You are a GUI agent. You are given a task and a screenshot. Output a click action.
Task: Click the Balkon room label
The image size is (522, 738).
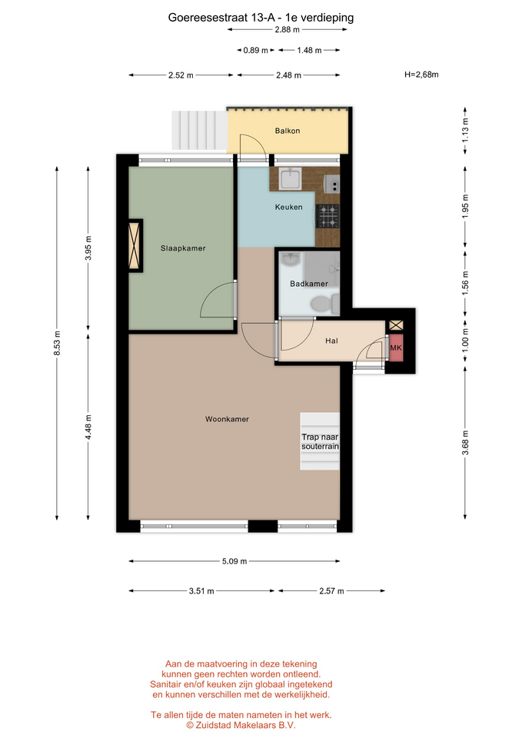287,131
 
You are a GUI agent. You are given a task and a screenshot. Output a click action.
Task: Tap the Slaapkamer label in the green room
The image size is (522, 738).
183,248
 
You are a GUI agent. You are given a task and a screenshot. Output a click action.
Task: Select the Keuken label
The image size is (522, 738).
288,207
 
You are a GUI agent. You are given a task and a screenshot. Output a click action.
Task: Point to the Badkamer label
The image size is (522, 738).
309,284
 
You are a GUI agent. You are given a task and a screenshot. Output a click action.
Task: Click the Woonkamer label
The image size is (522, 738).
227,419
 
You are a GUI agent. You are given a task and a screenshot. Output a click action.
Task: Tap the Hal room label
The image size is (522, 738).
331,341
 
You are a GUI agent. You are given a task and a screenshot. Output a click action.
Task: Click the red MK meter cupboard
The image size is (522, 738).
396,347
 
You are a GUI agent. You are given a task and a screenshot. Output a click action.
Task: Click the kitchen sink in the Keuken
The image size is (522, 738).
291,179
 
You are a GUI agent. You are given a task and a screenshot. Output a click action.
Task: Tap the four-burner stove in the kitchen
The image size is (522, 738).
327,216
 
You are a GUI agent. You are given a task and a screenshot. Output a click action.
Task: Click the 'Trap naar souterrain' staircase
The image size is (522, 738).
320,441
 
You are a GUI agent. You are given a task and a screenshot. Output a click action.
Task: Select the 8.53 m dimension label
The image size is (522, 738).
57,344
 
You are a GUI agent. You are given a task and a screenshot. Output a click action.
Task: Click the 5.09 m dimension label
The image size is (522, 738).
234,561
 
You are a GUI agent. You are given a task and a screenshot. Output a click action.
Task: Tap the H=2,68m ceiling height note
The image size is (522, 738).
421,75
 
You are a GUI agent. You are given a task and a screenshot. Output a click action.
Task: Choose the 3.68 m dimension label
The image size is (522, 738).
465,443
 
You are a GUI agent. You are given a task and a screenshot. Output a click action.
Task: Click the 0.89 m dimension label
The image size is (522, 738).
255,51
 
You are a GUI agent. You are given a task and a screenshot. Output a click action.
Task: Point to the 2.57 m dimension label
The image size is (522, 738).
331,590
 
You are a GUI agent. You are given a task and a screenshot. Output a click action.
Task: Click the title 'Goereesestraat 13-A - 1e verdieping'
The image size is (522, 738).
261,18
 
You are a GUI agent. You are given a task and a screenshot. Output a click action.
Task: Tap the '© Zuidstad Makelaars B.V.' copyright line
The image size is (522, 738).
241,725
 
